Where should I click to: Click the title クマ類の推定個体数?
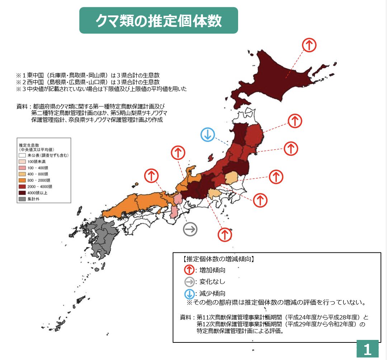[158, 21]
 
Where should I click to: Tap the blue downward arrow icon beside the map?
[208, 135]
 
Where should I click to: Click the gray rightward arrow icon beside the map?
[190, 229]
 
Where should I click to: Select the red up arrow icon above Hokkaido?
[309, 45]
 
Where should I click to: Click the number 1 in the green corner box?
[367, 349]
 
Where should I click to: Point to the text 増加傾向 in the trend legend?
[213, 270]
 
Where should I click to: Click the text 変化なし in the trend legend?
[213, 282]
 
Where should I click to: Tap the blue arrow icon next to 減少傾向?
[189, 294]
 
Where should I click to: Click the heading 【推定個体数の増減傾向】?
[219, 258]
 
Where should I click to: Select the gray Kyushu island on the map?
[97, 237]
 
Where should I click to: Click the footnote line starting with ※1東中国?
[87, 75]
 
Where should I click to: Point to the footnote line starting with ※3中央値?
[101, 88]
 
